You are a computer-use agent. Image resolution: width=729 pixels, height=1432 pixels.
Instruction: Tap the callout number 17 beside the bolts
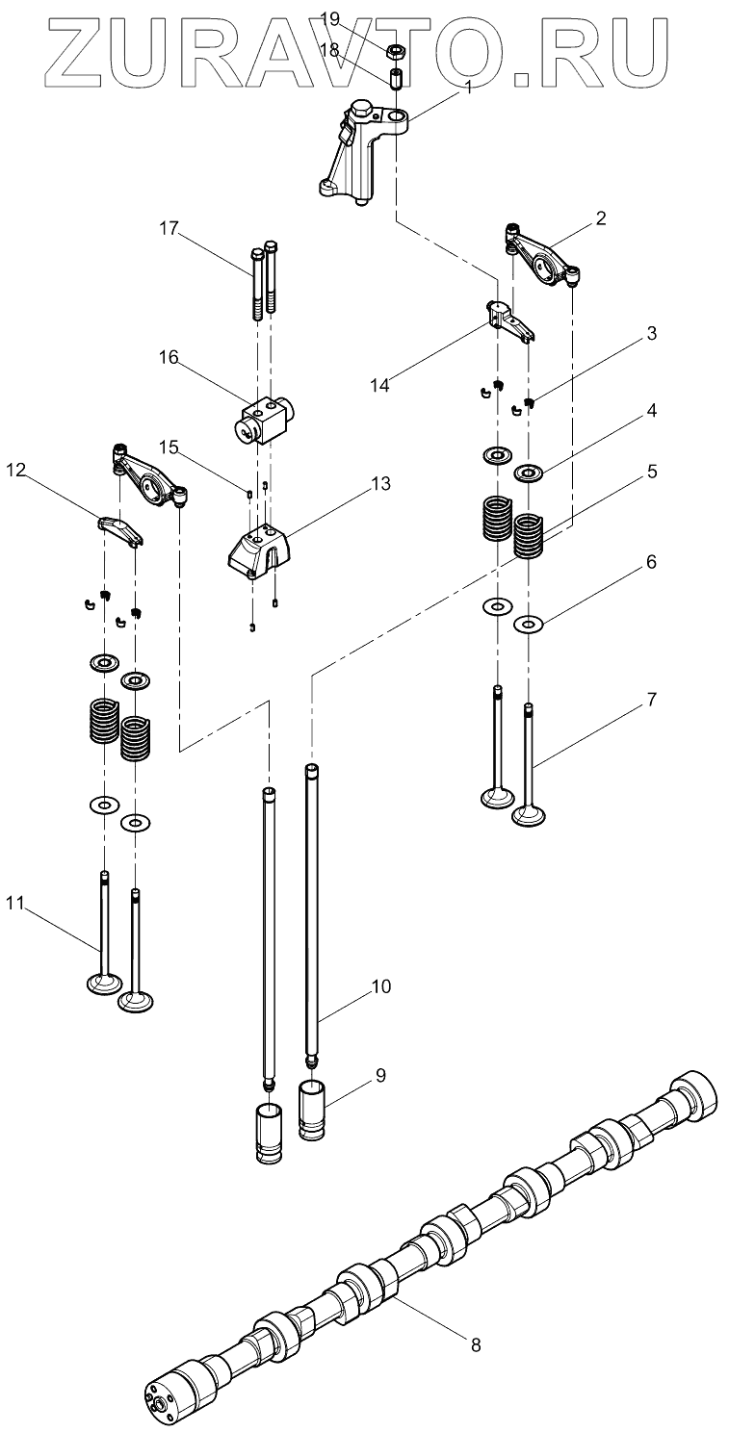point(169,228)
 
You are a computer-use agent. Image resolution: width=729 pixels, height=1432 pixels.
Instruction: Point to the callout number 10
point(380,986)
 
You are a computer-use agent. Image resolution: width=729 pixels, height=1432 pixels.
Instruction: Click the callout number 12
point(16,471)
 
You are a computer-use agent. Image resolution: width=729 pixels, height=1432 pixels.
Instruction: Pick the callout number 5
point(652,472)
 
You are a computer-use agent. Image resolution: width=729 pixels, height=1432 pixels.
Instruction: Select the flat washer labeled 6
point(529,624)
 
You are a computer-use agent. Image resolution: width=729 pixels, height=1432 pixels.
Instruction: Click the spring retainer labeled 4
point(529,474)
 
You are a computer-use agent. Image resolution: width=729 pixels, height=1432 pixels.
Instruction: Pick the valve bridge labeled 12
point(121,529)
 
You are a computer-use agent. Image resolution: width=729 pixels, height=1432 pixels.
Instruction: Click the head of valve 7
point(529,816)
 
